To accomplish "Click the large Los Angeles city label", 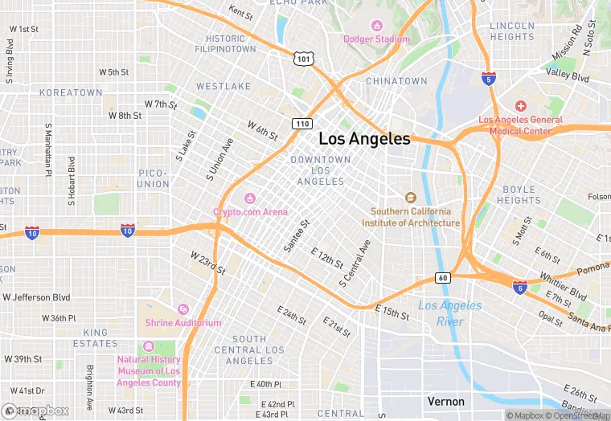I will [x=364, y=138].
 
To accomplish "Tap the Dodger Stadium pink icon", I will [x=376, y=26].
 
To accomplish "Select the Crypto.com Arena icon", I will [x=250, y=198].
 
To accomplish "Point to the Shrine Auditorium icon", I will [x=183, y=309].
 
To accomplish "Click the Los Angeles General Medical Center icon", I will [x=521, y=107].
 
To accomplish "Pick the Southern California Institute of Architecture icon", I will [x=411, y=198].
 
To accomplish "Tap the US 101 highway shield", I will [x=303, y=59].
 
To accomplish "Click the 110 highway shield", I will [x=301, y=124].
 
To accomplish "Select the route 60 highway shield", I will [x=443, y=278].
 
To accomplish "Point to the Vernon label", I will [x=445, y=401].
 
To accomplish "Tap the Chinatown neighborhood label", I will [x=396, y=81].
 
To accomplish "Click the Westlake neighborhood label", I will [x=218, y=86].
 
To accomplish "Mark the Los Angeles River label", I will [x=450, y=313].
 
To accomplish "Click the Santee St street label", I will [x=296, y=237].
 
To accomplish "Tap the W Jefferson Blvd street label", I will [x=36, y=297].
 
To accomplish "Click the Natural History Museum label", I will [x=150, y=371].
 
